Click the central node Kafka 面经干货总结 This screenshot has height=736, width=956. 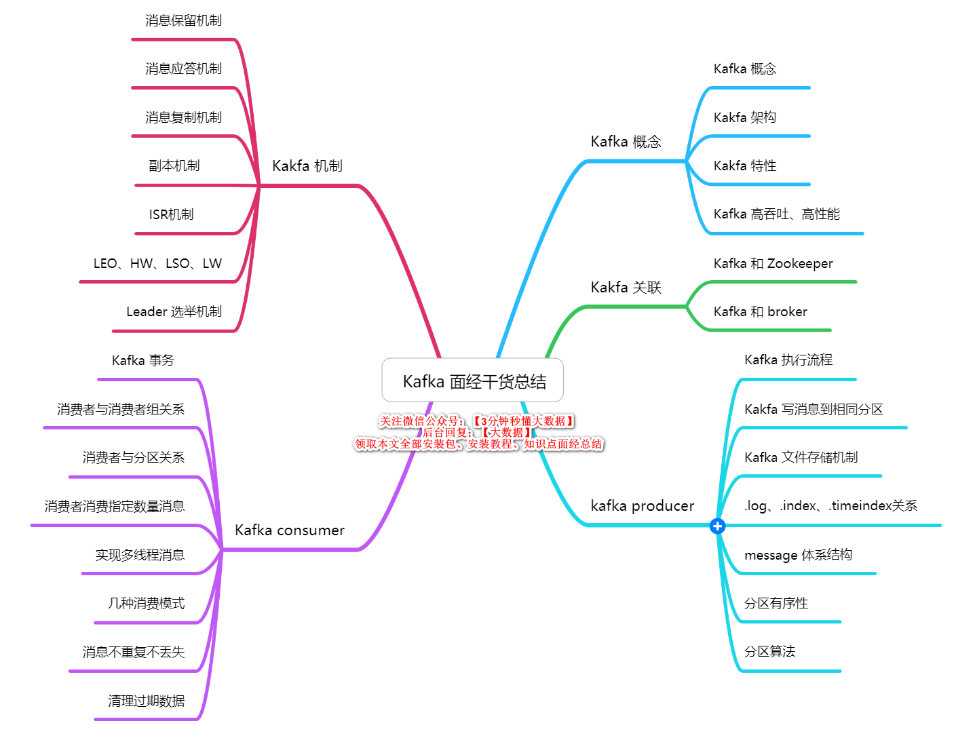point(472,380)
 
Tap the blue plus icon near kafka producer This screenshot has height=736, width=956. point(716,526)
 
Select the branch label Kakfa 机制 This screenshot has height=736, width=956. point(307,166)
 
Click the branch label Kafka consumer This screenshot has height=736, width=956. point(289,530)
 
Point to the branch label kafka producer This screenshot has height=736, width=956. point(642,505)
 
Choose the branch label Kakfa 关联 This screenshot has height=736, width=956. point(626,287)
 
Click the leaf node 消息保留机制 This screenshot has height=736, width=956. point(183,20)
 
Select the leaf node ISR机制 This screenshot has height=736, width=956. point(171,214)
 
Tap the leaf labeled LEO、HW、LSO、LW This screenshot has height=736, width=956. point(157,263)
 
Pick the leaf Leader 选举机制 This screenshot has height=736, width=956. point(174,311)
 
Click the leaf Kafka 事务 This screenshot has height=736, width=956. point(143,360)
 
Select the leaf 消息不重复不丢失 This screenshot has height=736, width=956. point(133,652)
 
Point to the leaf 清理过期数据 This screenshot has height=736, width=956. point(146,700)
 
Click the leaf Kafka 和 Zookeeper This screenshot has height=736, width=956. point(773,263)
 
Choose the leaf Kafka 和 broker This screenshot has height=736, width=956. point(760,311)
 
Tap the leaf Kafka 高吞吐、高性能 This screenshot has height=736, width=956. point(776,214)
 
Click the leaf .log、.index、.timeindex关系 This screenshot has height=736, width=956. point(830,505)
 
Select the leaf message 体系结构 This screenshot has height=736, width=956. point(798,554)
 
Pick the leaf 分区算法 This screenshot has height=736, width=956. point(769,651)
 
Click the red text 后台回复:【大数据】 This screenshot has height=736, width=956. point(478,432)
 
